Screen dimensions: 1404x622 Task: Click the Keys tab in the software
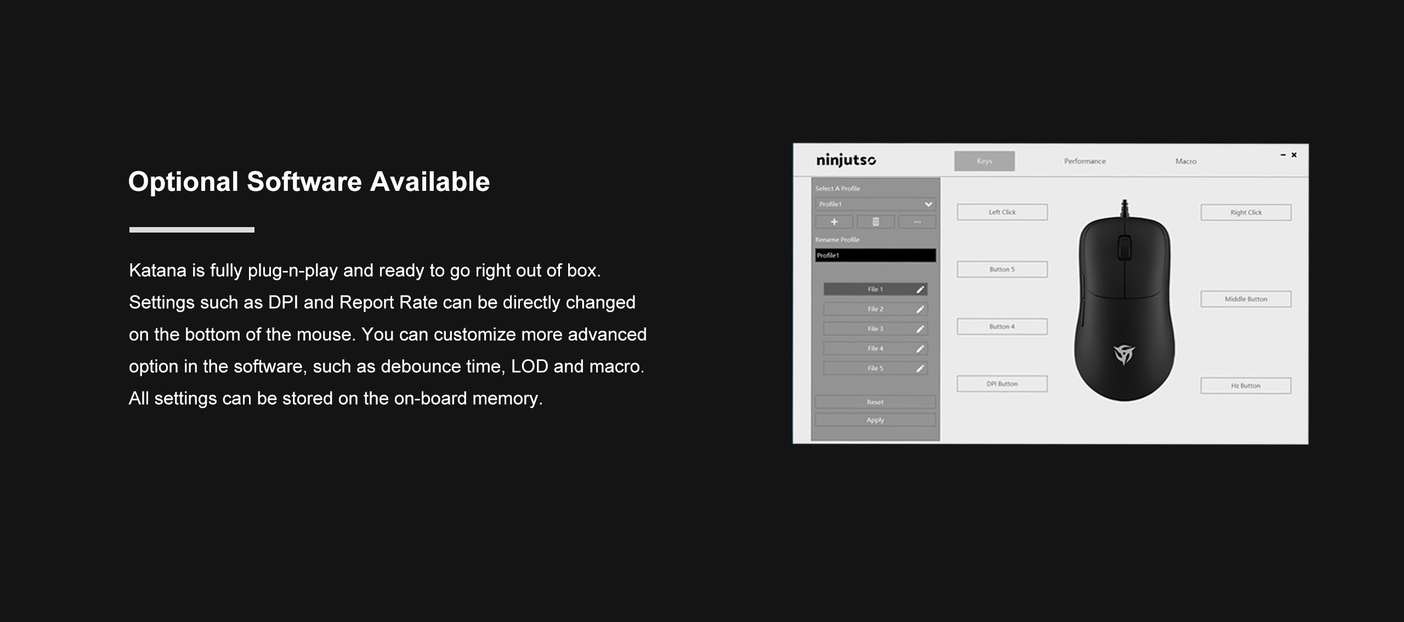984,161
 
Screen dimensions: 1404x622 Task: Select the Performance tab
1085,161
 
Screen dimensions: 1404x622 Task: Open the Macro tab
1186,161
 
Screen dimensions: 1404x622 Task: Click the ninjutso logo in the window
846,160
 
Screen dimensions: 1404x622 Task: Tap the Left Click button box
1002,212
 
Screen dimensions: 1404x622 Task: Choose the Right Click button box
1246,212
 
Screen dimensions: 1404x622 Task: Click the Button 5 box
1002,269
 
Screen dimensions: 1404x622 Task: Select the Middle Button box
1246,299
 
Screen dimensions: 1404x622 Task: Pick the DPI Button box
1002,384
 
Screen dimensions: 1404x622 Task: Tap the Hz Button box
1246,386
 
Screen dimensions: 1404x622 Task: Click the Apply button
875,420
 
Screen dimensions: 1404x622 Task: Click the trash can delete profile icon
876,222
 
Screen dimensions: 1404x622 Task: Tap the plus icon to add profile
834,222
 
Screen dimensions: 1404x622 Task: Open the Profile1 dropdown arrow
928,204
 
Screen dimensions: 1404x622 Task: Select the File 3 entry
875,329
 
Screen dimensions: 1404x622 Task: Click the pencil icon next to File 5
920,369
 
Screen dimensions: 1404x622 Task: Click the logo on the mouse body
1124,354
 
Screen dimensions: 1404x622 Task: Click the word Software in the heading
304,182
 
